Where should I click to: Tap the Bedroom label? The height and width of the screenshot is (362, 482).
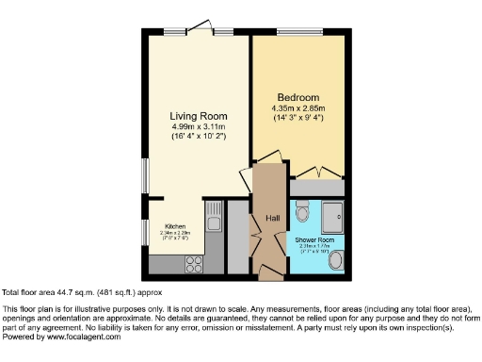pyautogui.click(x=297, y=97)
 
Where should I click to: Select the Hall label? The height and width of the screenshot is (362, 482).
pyautogui.click(x=272, y=218)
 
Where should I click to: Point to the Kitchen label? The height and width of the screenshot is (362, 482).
pyautogui.click(x=175, y=227)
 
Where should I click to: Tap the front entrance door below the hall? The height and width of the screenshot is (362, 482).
pyautogui.click(x=271, y=272)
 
